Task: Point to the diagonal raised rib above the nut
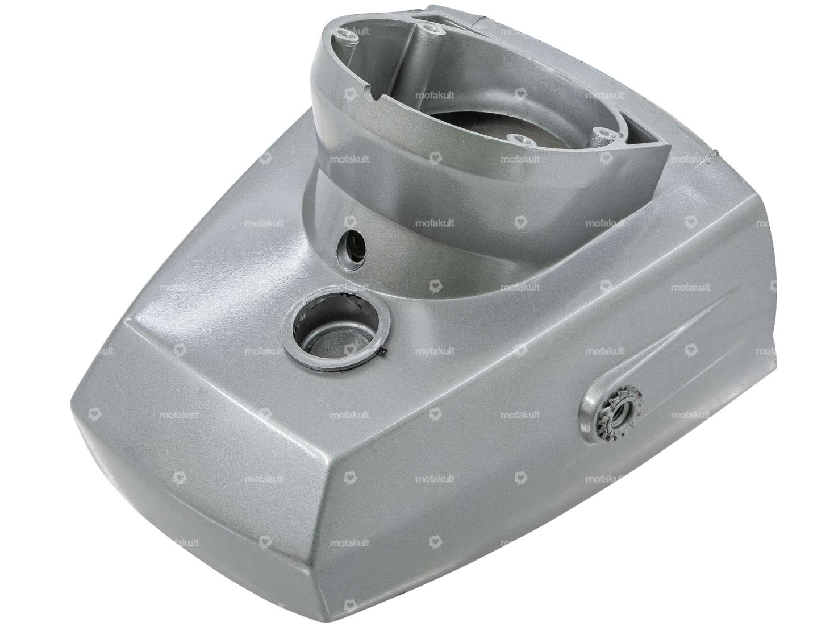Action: tap(682, 330)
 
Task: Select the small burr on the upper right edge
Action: tap(714, 154)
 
